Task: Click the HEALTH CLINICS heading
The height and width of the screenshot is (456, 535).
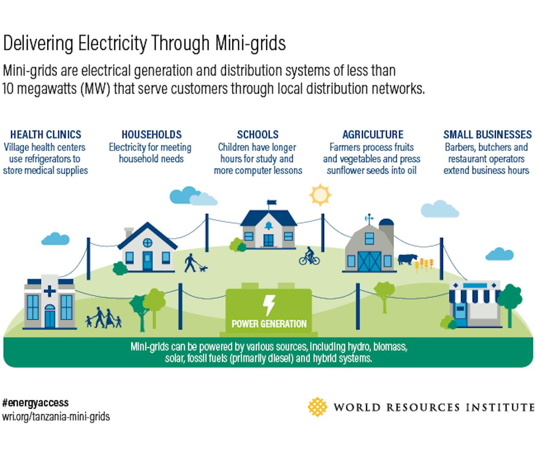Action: click(x=46, y=134)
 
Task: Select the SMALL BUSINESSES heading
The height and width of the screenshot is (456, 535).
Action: click(x=487, y=134)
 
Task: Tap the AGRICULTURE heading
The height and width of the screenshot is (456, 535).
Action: click(x=373, y=134)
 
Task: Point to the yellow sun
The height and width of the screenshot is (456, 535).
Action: click(x=320, y=195)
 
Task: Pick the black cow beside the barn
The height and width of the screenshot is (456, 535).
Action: click(x=407, y=259)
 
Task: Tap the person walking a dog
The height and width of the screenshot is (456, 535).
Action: click(x=191, y=263)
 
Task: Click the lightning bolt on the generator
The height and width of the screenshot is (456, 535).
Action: click(x=269, y=305)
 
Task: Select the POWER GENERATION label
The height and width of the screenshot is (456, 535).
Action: click(x=269, y=324)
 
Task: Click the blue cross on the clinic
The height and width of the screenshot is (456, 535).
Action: click(x=49, y=291)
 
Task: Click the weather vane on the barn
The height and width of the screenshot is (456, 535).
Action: click(x=369, y=218)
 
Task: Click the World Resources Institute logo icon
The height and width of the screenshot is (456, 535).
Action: click(x=317, y=407)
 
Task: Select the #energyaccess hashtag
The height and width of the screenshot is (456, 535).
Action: click(x=36, y=403)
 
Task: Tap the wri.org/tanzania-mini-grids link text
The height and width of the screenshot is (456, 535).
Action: click(x=56, y=417)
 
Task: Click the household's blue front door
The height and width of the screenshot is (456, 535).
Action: click(x=147, y=261)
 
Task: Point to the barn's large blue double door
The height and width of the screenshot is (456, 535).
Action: click(x=369, y=261)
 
